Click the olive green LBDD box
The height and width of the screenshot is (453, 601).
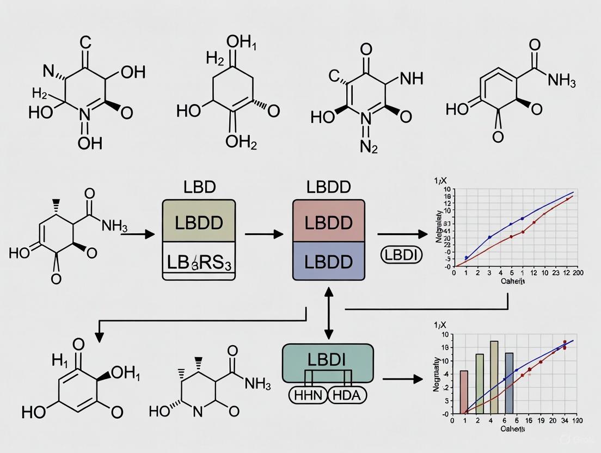pyautogui.click(x=199, y=222)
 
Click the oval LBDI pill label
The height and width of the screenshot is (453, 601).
pyautogui.click(x=397, y=254)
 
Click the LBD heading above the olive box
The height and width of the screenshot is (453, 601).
pyautogui.click(x=200, y=187)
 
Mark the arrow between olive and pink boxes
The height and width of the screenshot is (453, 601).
pyautogui.click(x=263, y=234)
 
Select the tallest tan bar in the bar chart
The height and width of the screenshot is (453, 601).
pyautogui.click(x=494, y=377)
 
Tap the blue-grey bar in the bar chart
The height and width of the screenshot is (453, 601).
pyautogui.click(x=510, y=383)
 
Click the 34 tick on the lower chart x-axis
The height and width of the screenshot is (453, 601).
pyautogui.click(x=565, y=421)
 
